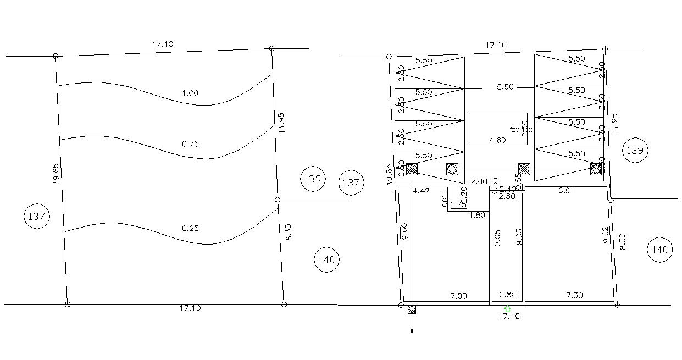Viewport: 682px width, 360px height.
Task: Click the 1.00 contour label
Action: [x=190, y=93]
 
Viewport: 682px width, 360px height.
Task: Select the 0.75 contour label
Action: [x=190, y=144]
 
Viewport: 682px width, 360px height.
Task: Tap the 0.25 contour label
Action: [x=190, y=228]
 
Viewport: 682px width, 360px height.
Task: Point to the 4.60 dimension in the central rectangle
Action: [x=497, y=140]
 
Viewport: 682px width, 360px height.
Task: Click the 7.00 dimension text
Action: [x=458, y=296]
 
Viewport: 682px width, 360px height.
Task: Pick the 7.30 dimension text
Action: [x=574, y=296]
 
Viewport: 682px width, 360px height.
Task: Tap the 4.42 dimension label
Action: [x=420, y=191]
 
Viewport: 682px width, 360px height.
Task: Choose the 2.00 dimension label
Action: [x=479, y=181]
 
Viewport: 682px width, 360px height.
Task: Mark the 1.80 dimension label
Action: [x=478, y=215]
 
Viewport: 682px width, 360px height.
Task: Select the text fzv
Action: [x=514, y=130]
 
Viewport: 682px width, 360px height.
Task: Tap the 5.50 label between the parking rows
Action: [x=505, y=87]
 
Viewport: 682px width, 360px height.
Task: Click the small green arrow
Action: [x=507, y=309]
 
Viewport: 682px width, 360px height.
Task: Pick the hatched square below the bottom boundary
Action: [x=412, y=309]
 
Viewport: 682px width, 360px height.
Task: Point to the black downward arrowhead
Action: [x=412, y=331]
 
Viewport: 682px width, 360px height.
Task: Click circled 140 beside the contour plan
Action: [x=327, y=259]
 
